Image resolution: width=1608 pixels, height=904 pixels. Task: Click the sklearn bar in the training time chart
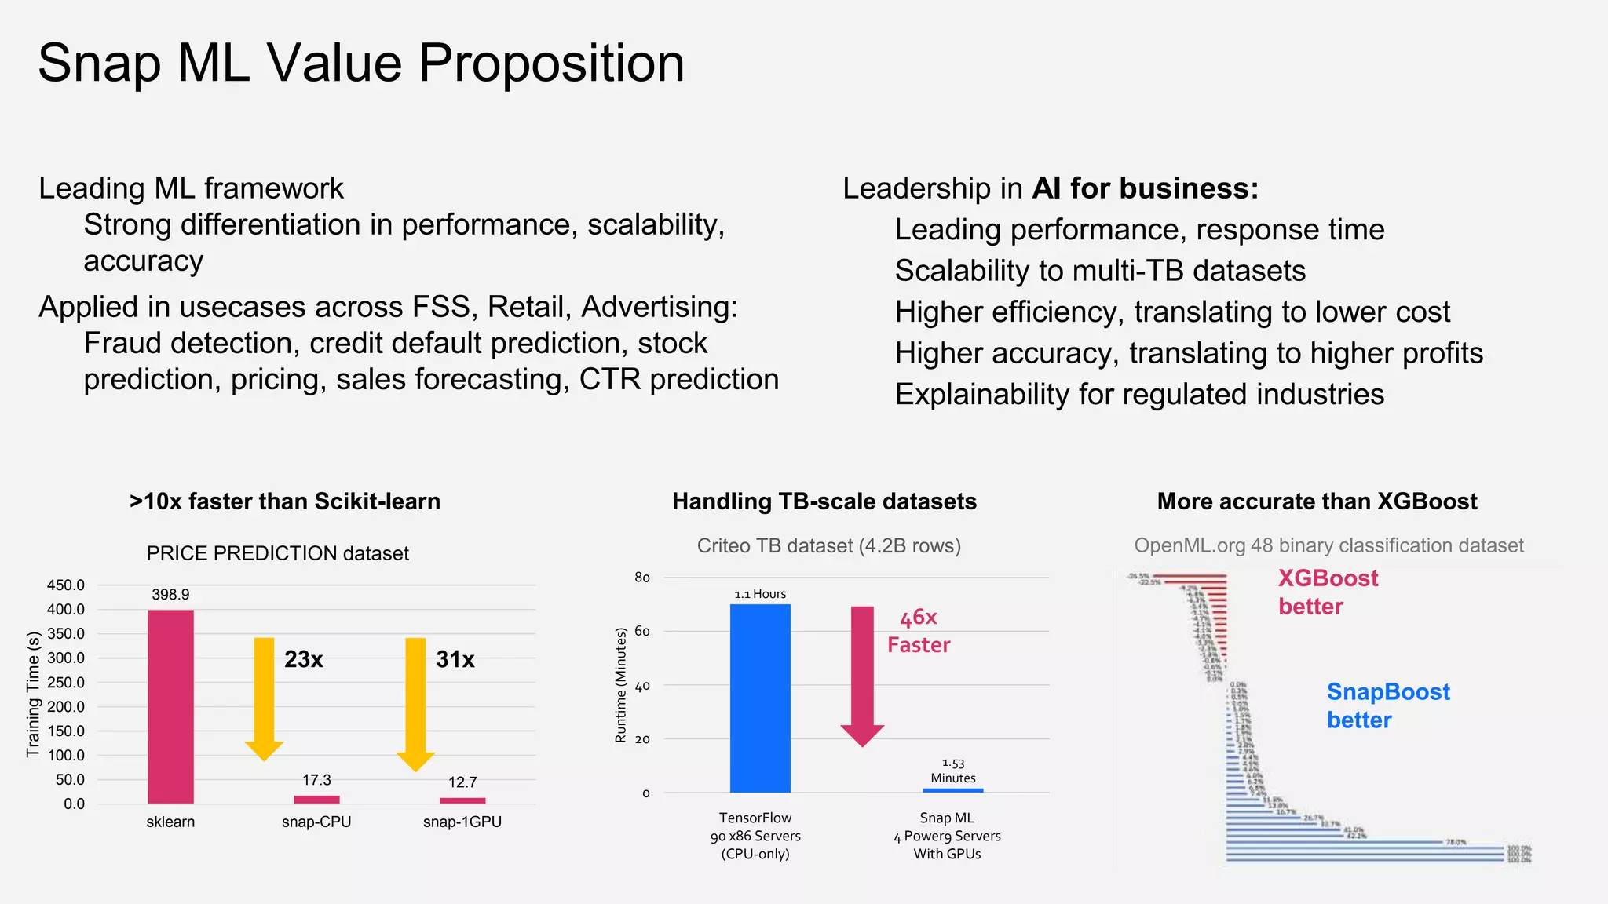[x=170, y=706]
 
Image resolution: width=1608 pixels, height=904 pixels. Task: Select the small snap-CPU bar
[x=316, y=799]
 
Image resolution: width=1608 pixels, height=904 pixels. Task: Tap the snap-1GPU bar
[x=462, y=800]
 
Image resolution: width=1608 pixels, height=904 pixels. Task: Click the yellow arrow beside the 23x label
[x=265, y=694]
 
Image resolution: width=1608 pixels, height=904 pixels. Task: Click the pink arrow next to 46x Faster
[x=862, y=671]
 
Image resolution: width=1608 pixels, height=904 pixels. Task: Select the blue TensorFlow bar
[x=760, y=698]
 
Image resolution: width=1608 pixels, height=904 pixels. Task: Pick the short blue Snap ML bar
[x=953, y=790]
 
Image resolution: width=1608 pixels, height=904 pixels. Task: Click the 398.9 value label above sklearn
[x=170, y=595]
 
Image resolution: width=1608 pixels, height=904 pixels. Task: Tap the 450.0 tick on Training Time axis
[x=66, y=585]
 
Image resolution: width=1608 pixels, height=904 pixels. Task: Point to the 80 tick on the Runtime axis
[x=642, y=578]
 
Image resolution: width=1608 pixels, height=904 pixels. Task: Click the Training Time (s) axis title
[x=33, y=694]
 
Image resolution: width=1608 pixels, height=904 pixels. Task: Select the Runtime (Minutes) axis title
[x=621, y=684]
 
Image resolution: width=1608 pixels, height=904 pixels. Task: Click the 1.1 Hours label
[x=760, y=594]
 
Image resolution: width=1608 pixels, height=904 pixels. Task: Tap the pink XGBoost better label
[x=1327, y=592]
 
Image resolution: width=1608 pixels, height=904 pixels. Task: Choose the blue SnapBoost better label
[x=1387, y=705]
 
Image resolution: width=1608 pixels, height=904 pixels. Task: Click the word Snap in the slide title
[x=99, y=64]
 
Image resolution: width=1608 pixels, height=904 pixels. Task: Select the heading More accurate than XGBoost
[x=1317, y=501]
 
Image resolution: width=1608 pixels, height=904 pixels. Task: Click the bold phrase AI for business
[x=1144, y=188]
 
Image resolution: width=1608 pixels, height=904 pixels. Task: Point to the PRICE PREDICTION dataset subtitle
[x=277, y=553]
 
